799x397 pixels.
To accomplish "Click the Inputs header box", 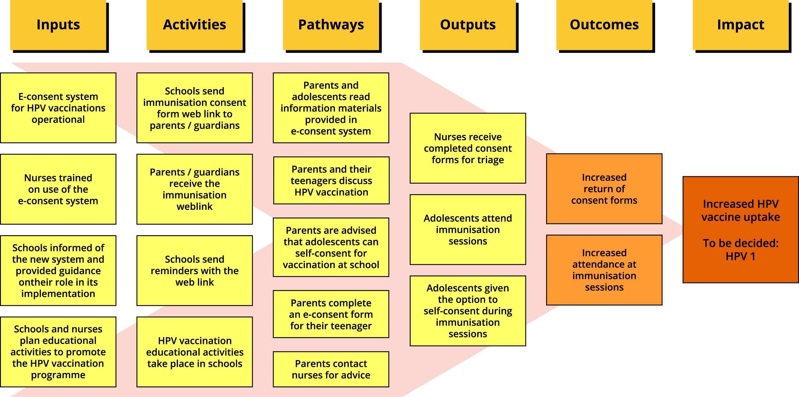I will click(58, 25).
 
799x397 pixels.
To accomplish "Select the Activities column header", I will click(195, 25).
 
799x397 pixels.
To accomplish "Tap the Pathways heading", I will click(331, 25).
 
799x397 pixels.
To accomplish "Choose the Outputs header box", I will click(468, 25).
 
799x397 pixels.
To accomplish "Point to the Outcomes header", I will click(604, 25).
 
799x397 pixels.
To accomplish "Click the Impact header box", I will click(741, 25).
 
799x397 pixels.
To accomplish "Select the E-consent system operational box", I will click(58, 108).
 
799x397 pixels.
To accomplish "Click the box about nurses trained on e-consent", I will click(58, 189).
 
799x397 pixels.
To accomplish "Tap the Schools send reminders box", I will click(195, 271).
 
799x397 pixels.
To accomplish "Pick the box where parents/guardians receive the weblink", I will click(195, 189).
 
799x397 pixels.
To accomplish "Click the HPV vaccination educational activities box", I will click(195, 352).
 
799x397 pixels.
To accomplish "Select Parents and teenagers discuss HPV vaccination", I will click(331, 180).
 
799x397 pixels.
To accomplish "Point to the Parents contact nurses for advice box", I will click(331, 369).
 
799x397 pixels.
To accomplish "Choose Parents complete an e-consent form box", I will click(331, 314).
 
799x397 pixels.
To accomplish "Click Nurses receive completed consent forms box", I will click(468, 148).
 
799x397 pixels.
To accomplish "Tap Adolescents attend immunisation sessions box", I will click(468, 229).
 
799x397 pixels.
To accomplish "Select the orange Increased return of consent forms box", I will click(604, 189).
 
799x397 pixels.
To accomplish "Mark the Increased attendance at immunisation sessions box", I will click(604, 270).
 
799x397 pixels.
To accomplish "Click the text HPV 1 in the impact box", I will click(741, 256).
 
